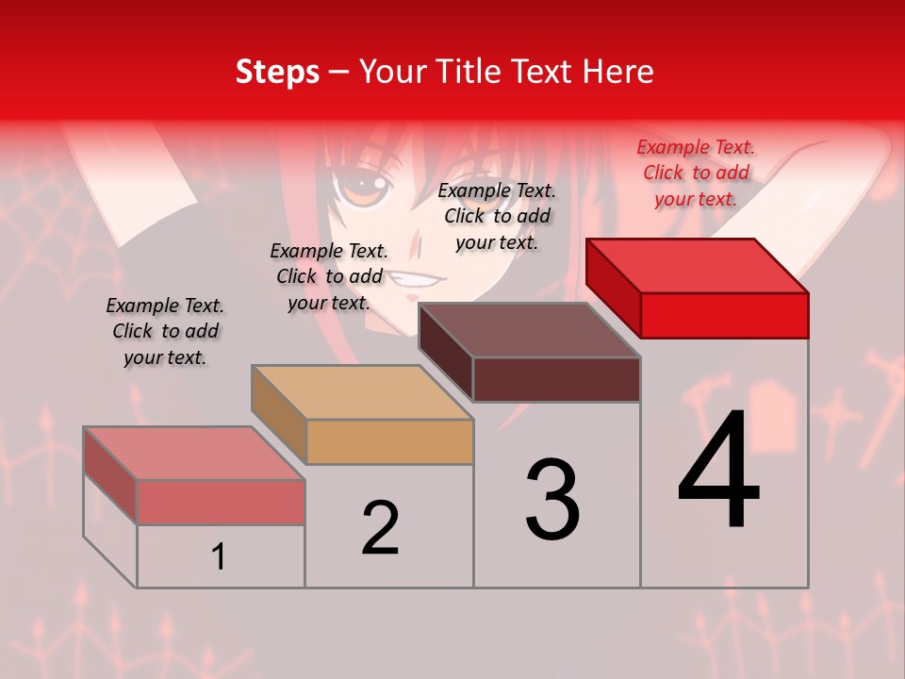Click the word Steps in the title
277,72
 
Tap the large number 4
718,472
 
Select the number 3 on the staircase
552,500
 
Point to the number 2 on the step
380,528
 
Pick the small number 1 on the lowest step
219,557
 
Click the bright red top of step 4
698,265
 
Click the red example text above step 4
696,173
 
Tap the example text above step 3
497,216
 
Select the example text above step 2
329,276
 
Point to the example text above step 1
165,331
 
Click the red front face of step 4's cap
724,315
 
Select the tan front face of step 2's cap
389,441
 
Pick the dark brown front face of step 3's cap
556,379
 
